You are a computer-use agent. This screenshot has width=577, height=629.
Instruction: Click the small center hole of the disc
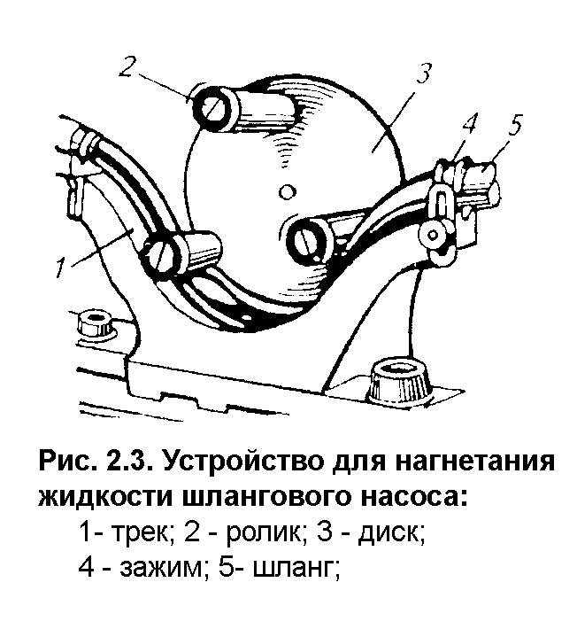[284, 190]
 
